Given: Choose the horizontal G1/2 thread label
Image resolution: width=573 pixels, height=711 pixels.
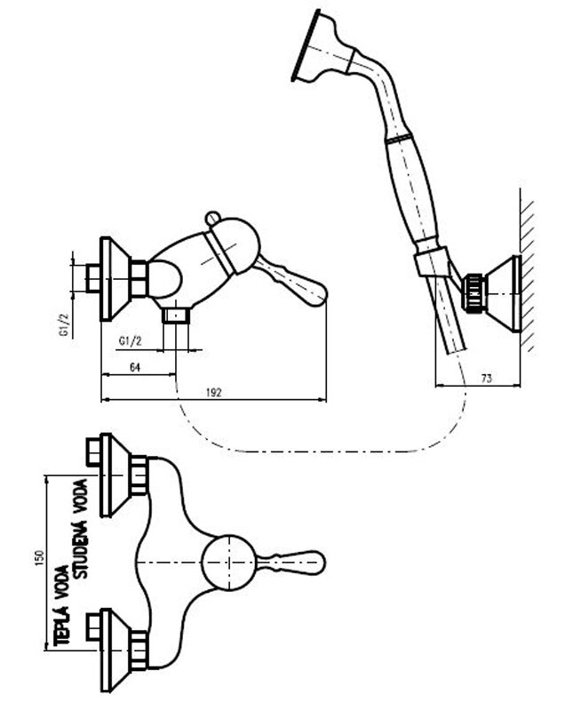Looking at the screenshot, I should point(131,340).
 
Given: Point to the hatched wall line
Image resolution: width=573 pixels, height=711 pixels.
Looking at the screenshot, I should point(526,276).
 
